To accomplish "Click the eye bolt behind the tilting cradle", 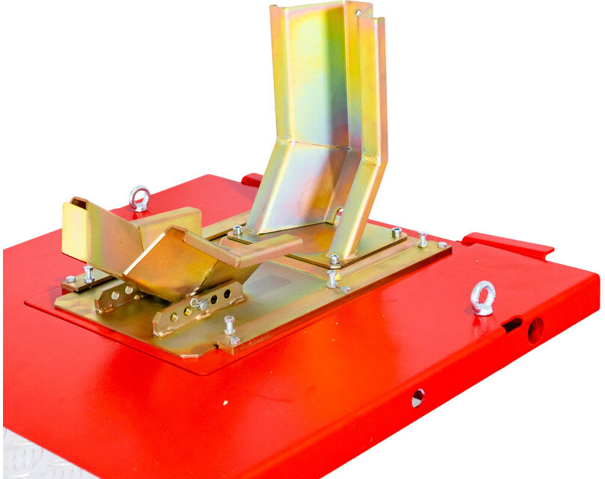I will pyautogui.click(x=139, y=198).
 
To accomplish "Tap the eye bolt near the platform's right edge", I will pyautogui.click(x=483, y=296).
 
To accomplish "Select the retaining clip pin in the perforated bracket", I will pyautogui.click(x=200, y=304).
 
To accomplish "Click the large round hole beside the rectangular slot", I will pyautogui.click(x=535, y=330).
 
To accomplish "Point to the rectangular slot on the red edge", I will pyautogui.click(x=512, y=325).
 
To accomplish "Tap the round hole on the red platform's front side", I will pyautogui.click(x=418, y=397).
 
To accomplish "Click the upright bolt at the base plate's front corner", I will pyautogui.click(x=229, y=326).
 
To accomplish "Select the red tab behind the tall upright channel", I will pyautogui.click(x=252, y=180).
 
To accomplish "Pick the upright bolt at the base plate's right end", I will pyautogui.click(x=422, y=239).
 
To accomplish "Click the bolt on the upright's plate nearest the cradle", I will pyautogui.click(x=237, y=231).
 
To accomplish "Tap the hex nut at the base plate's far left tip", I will pyautogui.click(x=70, y=280).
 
